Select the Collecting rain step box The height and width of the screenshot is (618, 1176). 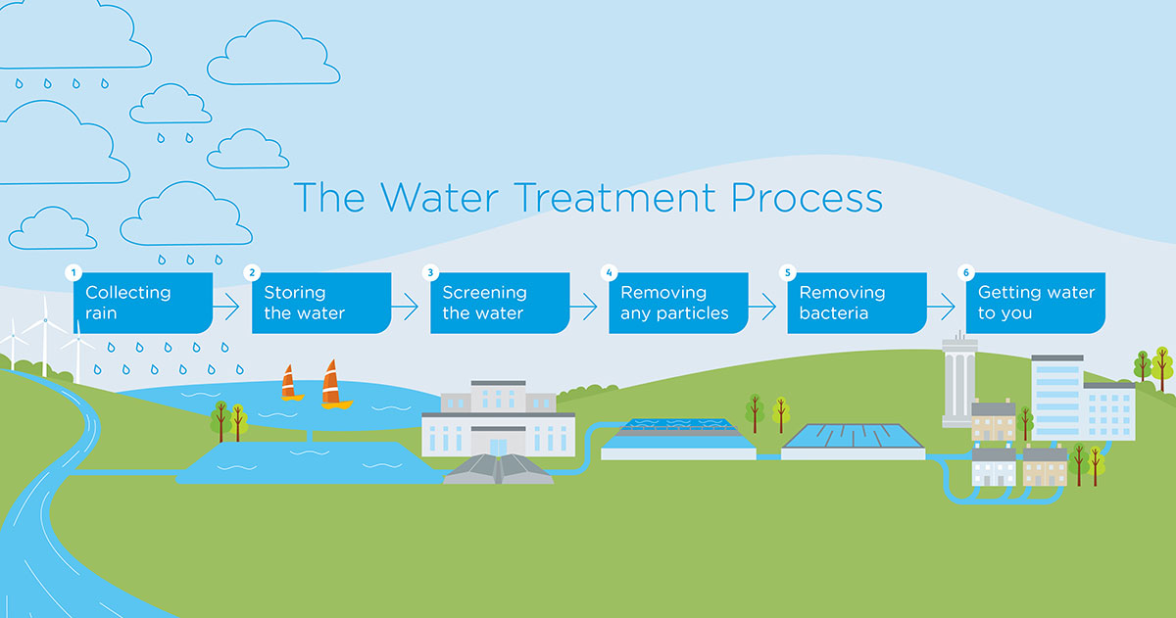[x=143, y=303]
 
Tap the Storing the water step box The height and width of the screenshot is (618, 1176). [x=321, y=303]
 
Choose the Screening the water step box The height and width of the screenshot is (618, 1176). [x=500, y=303]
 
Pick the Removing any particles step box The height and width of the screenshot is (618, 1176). [x=678, y=303]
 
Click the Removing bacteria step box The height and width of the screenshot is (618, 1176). [x=857, y=303]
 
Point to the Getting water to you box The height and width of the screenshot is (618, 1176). [x=1036, y=303]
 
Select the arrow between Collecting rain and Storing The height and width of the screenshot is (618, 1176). [x=225, y=308]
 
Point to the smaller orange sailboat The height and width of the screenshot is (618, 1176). [x=288, y=383]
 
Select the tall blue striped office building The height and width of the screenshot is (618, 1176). [x=1056, y=398]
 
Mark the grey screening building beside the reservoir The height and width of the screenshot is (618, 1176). [x=498, y=422]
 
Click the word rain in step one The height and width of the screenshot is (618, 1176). [x=102, y=314]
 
